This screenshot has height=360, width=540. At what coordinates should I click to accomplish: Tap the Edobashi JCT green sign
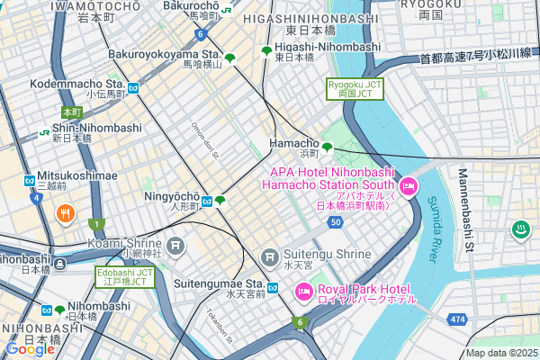pos(125,276)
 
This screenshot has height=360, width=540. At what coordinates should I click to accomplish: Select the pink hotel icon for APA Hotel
pos(409,187)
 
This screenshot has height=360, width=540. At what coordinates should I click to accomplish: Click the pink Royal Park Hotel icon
pos(302,290)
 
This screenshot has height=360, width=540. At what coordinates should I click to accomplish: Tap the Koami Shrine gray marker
pos(175,244)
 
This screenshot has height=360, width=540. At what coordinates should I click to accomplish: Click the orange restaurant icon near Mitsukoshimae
pos(65,213)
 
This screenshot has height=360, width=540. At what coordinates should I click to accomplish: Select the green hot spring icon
pos(520,230)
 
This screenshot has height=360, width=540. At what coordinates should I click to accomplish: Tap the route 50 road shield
pos(335,221)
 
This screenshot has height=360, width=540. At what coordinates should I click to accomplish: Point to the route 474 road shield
pos(458,319)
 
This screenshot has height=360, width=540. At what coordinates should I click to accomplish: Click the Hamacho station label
pos(294,143)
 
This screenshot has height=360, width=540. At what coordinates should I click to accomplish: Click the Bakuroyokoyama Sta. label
pos(165,55)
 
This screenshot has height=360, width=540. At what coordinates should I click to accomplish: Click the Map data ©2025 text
pos(500,352)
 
